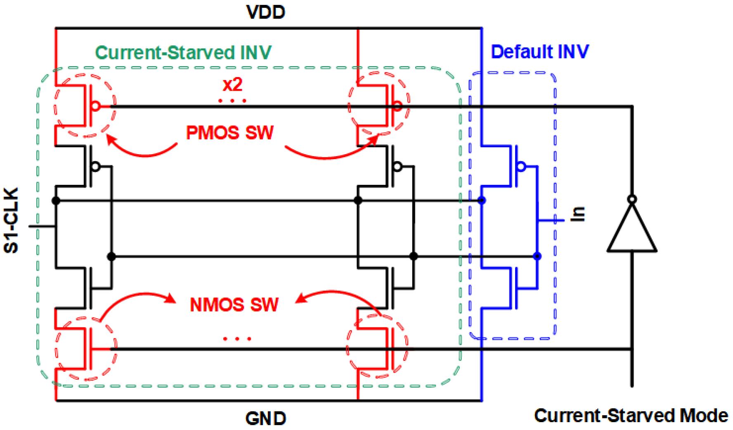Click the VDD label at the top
click(x=265, y=12)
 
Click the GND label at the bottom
click(x=265, y=418)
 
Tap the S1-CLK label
click(x=11, y=221)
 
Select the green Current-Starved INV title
click(x=183, y=53)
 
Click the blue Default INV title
click(x=539, y=52)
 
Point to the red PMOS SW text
click(x=229, y=133)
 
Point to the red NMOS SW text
click(x=234, y=305)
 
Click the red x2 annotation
click(x=232, y=85)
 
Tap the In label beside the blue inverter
click(x=578, y=214)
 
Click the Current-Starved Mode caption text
click(x=631, y=415)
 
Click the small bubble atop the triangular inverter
click(x=631, y=200)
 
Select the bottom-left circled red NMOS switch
click(x=86, y=349)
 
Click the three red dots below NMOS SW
click(x=237, y=339)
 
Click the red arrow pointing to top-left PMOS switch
click(x=140, y=151)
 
